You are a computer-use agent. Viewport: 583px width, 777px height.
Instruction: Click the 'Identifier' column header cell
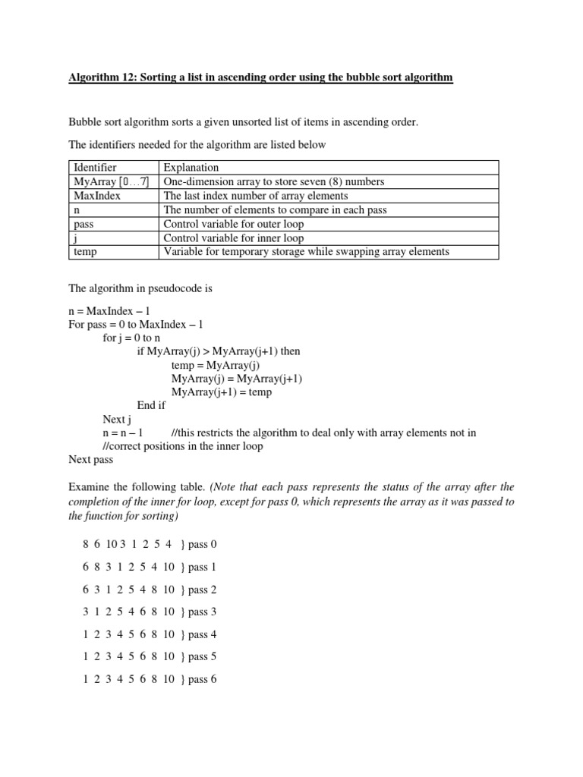[95, 167]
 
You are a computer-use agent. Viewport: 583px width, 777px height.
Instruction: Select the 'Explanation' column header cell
[191, 167]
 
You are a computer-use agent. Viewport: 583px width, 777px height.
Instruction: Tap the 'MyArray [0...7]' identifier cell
[106, 181]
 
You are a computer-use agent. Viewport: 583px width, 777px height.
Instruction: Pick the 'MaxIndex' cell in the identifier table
[97, 196]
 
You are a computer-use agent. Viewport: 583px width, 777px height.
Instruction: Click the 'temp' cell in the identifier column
[85, 252]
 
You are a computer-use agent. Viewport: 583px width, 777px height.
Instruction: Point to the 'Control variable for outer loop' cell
[233, 224]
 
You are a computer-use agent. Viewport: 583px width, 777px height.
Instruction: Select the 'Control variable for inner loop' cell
[232, 238]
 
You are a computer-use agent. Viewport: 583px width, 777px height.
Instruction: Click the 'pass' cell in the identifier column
[84, 224]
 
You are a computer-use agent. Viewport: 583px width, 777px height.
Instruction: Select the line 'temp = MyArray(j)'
[216, 365]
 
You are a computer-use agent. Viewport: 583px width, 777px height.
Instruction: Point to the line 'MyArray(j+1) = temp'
[221, 392]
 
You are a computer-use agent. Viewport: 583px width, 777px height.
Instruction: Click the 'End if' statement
[151, 405]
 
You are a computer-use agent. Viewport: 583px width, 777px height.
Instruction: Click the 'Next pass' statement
[91, 459]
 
